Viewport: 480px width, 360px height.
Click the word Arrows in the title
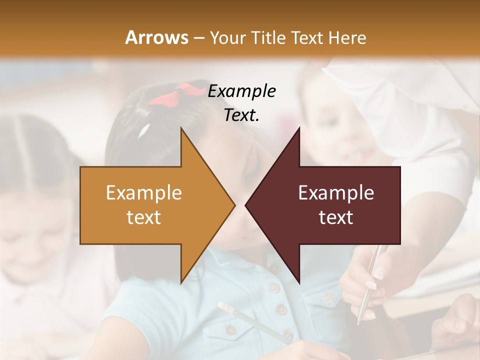coord(156,37)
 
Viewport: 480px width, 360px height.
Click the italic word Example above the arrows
coord(241,91)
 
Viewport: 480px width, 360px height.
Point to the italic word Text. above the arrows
coord(241,115)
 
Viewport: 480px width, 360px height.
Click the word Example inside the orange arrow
coord(144,193)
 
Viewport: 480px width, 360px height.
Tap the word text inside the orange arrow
coord(144,217)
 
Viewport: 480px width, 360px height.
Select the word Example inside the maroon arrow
coord(336,193)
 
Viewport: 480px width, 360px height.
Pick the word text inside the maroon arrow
coord(336,217)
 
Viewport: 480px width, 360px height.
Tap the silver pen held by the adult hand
coord(369,280)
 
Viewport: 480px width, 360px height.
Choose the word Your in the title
coord(227,37)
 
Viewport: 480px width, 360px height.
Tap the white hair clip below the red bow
coord(145,130)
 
